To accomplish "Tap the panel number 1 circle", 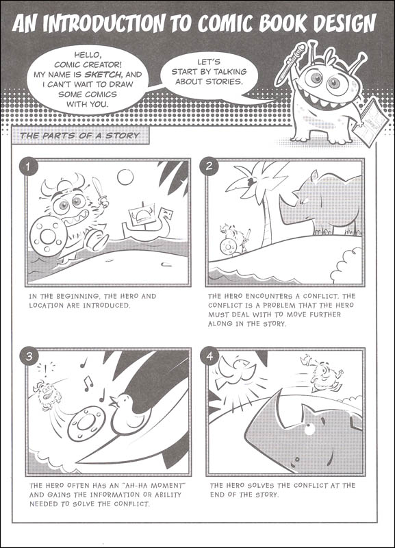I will (27, 166).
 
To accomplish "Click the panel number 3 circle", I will (27, 356).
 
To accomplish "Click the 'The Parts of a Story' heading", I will (79, 135).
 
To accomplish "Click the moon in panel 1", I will (125, 177).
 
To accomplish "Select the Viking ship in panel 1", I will (145, 220).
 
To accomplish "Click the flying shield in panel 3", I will (86, 425).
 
